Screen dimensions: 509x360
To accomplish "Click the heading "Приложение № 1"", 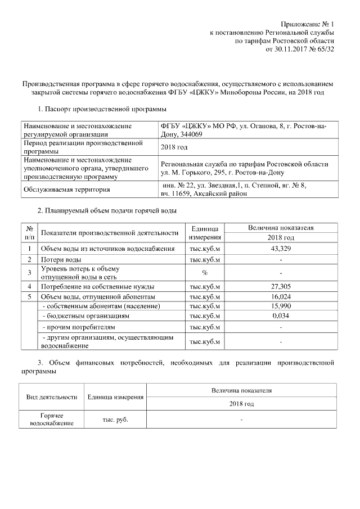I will [x=306, y=24].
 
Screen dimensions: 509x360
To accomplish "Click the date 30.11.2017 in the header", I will [x=294, y=49].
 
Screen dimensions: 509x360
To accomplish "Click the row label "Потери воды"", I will [x=61, y=260].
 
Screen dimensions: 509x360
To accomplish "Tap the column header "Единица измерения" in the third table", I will [x=115, y=397].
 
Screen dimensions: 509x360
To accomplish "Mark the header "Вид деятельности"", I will [x=52, y=397].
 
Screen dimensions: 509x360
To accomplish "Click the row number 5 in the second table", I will [x=29, y=296].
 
